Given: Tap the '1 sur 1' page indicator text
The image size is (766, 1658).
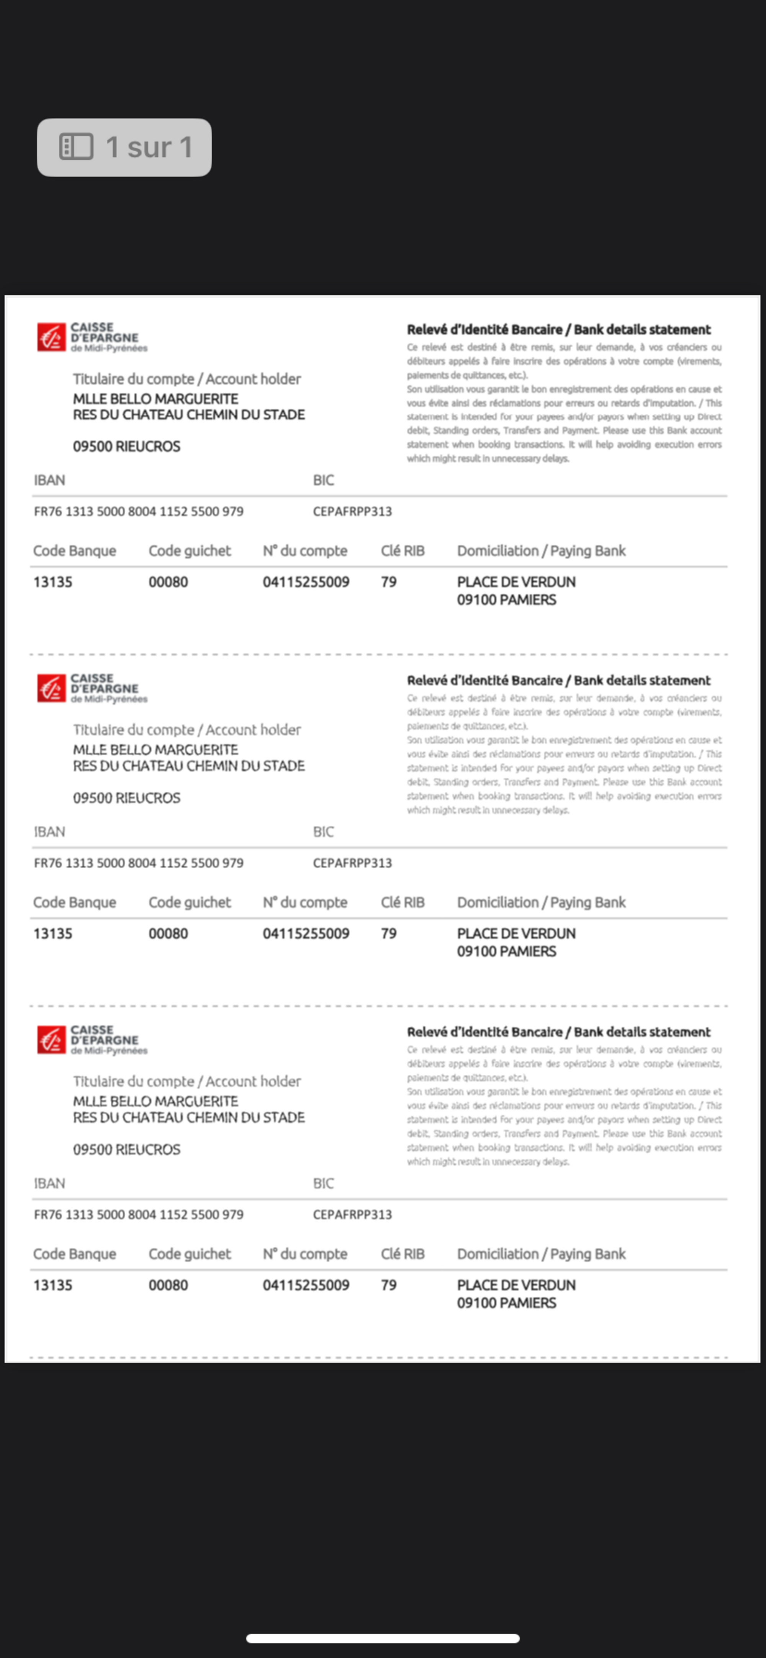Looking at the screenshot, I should click(149, 147).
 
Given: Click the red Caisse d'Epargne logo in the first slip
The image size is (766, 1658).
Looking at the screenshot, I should click(51, 337).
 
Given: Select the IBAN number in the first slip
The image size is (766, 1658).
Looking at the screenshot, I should click(138, 512).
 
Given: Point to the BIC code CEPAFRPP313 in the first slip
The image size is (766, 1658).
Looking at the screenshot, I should click(352, 512).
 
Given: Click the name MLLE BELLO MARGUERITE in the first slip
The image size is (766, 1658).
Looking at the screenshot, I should click(155, 399).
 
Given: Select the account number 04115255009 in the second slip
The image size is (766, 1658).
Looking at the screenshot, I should click(306, 933).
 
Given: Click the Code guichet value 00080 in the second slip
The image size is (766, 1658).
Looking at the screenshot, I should click(168, 933).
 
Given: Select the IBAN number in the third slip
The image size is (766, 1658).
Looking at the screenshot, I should click(138, 1214).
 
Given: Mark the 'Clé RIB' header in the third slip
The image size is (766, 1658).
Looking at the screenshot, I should click(402, 1254).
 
